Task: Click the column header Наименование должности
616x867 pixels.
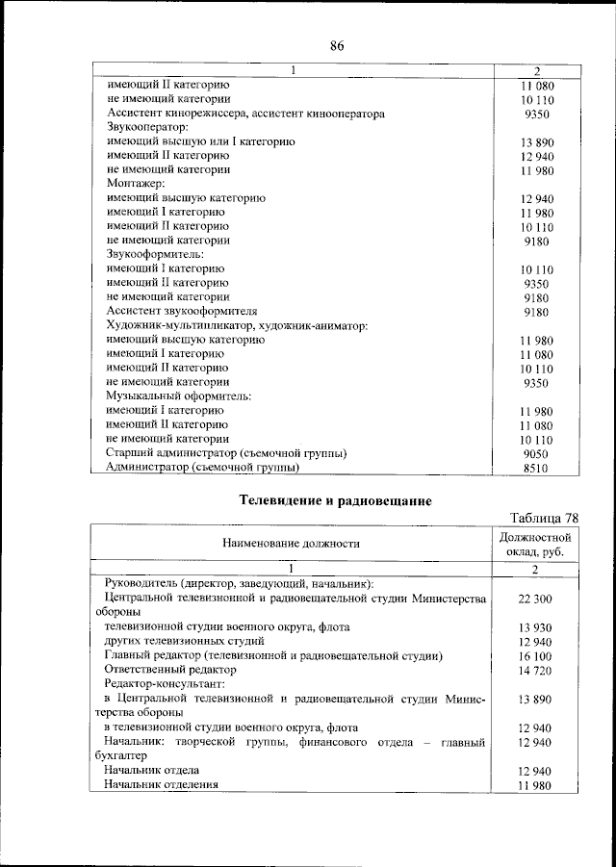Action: tap(291, 544)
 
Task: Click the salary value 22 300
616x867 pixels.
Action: tap(536, 599)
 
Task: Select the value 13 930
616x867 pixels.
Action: tap(536, 627)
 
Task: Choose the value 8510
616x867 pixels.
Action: tap(537, 469)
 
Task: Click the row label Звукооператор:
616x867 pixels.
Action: tap(146, 127)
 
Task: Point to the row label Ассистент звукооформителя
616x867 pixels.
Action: tap(182, 312)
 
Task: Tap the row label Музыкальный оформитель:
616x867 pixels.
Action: tap(164, 396)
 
